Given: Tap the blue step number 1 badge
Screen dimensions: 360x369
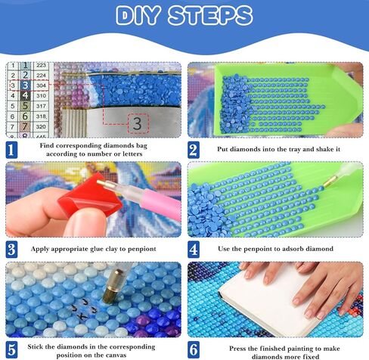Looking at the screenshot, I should tap(11, 150).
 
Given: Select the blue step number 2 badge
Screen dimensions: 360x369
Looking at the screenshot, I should tap(193, 150).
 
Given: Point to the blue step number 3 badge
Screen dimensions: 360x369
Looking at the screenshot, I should tap(11, 248).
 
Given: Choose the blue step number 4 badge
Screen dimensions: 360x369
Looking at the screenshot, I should tap(193, 248).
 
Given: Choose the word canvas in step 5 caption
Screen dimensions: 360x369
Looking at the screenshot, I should tap(130, 353).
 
